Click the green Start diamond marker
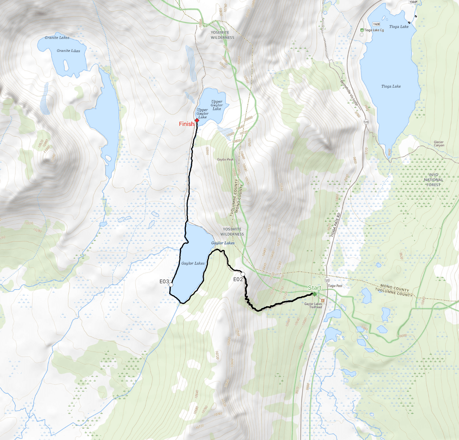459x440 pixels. (315, 294)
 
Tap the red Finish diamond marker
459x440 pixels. (197, 120)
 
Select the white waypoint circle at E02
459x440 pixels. (243, 274)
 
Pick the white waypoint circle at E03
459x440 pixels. (171, 285)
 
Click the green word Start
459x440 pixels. (314, 288)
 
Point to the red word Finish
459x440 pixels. (186, 124)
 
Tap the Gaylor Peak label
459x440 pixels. (225, 159)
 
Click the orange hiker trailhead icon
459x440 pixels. (323, 300)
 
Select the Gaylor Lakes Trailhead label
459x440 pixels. (313, 305)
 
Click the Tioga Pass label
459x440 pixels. (335, 286)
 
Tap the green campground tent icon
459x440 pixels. (362, 30)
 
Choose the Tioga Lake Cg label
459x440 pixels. (374, 30)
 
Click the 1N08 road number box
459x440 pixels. (376, 24)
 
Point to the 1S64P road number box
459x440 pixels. (413, 2)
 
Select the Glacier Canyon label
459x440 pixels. (439, 144)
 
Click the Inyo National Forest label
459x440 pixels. (433, 180)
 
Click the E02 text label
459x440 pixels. (238, 279)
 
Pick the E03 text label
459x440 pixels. (164, 281)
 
